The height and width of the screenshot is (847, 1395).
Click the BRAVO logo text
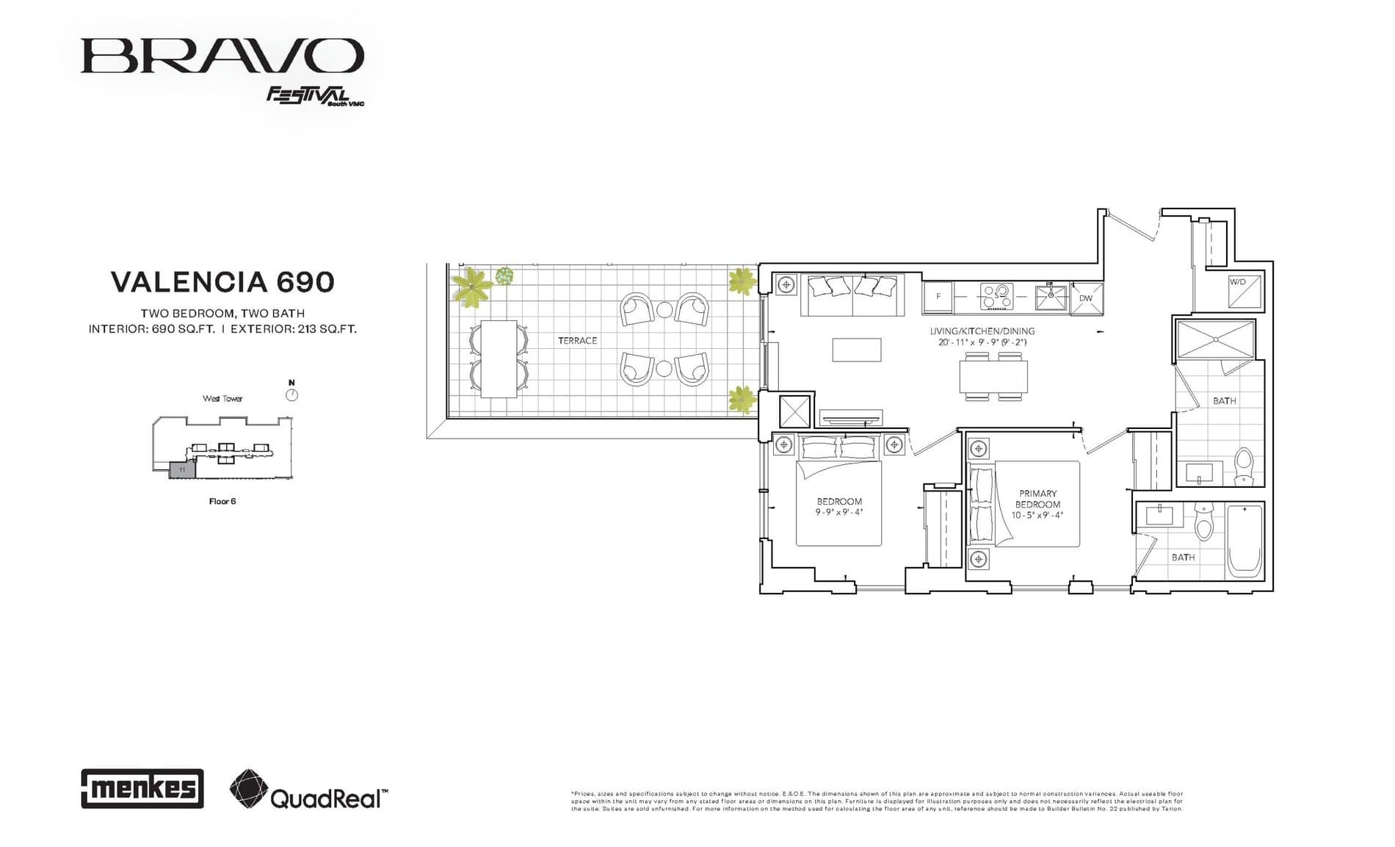[222, 56]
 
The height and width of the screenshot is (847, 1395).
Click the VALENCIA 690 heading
[222, 282]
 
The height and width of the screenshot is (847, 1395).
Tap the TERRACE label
[577, 341]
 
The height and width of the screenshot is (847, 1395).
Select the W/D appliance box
[1244, 292]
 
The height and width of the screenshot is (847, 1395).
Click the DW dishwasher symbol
[1086, 298]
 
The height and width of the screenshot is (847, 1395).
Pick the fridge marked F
[938, 297]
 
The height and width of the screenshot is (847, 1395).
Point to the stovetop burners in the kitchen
[996, 297]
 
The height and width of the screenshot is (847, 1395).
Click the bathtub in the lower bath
[1244, 540]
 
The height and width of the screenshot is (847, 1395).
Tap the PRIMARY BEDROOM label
[1037, 499]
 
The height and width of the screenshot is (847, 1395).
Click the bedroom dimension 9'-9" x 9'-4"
[839, 512]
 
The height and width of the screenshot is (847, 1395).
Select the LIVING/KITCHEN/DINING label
[982, 331]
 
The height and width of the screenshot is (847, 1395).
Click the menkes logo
[142, 789]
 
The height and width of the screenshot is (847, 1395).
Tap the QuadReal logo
[308, 790]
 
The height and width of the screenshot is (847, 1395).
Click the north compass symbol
[291, 395]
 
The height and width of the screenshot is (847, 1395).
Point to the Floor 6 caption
[222, 502]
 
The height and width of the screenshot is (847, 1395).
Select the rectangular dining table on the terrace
[499, 359]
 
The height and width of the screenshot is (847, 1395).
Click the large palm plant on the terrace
[471, 287]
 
